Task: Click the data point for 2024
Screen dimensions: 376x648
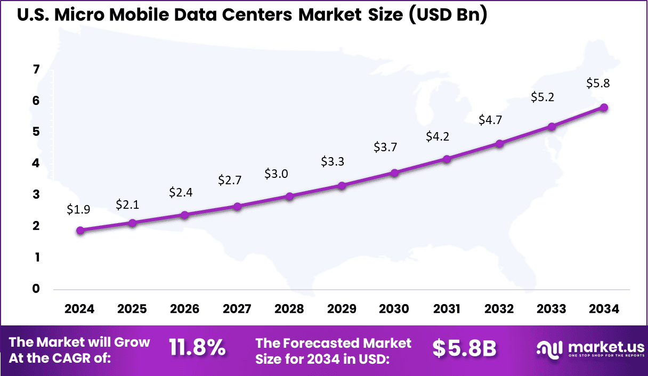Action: pyautogui.click(x=80, y=231)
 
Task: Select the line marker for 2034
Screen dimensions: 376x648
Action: pyautogui.click(x=604, y=108)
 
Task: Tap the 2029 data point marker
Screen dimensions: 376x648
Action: pyautogui.click(x=342, y=186)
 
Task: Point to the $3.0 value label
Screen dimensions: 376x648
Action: pyautogui.click(x=277, y=174)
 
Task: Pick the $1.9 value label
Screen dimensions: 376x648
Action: pyautogui.click(x=78, y=209)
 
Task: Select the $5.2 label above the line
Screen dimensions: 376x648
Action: pyautogui.click(x=543, y=97)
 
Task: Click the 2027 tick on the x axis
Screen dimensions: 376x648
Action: pyautogui.click(x=237, y=309)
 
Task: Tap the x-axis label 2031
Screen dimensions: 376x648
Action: pyautogui.click(x=447, y=309)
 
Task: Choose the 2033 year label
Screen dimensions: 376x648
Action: pyautogui.click(x=552, y=309)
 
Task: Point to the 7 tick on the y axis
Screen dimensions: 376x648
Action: pyautogui.click(x=36, y=69)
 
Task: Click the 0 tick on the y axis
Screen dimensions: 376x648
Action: pyautogui.click(x=36, y=289)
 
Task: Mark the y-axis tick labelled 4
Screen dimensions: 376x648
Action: pyautogui.click(x=36, y=164)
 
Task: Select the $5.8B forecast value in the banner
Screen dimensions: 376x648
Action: pyautogui.click(x=464, y=348)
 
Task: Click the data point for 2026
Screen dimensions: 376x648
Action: pyautogui.click(x=185, y=215)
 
